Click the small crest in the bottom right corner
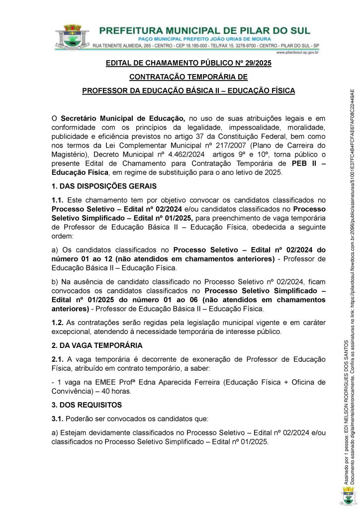tap(349, 496)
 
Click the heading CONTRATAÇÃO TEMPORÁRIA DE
tap(188, 77)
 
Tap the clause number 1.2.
tap(58, 322)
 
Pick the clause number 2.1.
tap(58, 359)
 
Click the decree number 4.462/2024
tap(184, 154)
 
